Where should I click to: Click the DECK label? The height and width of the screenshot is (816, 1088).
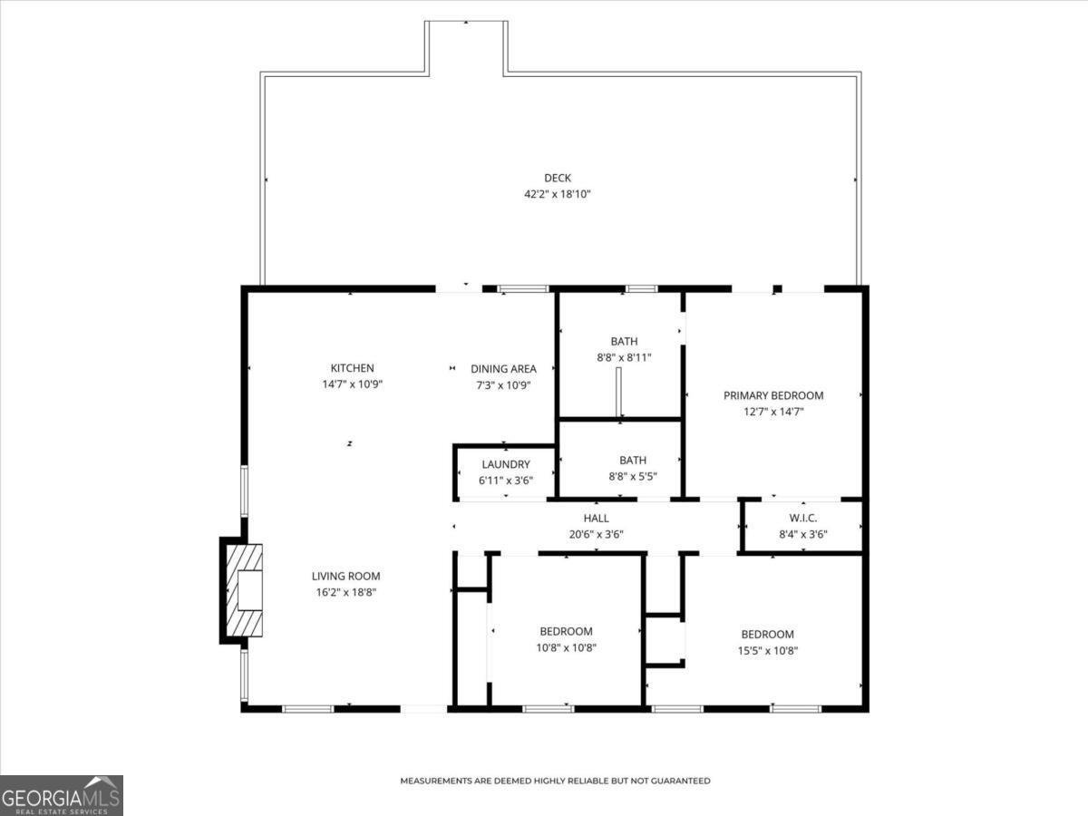558,179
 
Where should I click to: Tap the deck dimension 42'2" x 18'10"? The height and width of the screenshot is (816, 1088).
558,194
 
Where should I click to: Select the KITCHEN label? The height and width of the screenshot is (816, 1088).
352,368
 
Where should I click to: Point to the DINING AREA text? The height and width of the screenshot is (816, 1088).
503,369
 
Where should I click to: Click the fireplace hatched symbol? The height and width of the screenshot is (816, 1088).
243,590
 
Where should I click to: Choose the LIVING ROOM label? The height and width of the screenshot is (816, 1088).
345,576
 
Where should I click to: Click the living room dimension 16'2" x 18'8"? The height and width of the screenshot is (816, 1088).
345,592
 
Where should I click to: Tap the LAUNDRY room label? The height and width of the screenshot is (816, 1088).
505,464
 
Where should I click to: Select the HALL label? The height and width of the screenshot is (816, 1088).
596,519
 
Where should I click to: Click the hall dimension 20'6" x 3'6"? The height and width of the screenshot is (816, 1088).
596,534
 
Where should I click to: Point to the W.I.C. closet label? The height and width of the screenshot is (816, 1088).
803,518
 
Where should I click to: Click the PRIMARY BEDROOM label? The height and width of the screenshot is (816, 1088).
773,395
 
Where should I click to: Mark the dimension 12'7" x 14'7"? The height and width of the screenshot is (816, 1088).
773,411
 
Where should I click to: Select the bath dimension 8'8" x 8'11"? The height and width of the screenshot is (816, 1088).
624,357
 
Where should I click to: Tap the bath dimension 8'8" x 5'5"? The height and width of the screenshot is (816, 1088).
632,475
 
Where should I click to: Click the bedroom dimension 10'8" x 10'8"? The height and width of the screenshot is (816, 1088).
566,647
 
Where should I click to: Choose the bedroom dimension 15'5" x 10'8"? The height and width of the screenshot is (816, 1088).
767,650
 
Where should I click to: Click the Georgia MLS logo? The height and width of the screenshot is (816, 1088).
61,795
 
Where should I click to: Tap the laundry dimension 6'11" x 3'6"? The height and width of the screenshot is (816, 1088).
505,480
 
